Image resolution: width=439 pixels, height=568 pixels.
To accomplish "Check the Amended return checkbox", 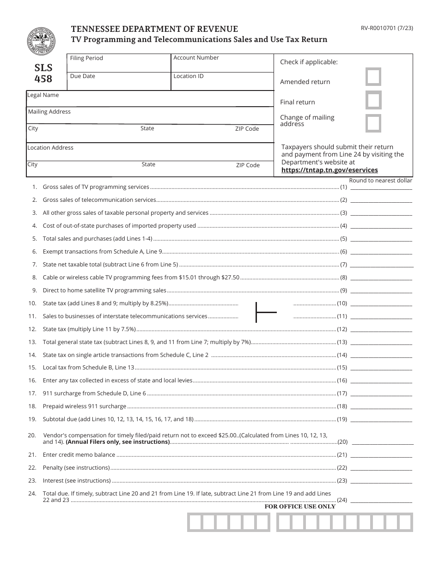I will point(373,77).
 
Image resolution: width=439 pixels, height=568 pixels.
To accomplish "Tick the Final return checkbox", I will point(373,100).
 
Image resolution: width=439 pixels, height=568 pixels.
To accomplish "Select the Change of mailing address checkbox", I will point(373,123).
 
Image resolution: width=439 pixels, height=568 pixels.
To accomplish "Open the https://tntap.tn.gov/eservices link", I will point(329,170).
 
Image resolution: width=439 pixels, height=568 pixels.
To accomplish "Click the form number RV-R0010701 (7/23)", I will point(387,28).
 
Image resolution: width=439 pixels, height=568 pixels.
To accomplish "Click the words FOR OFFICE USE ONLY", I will point(300,507).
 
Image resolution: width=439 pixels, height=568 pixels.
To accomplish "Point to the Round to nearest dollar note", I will point(380,181).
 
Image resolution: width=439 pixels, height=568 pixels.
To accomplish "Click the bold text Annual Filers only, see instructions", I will point(118,442).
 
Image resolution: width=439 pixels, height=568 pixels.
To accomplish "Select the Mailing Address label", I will point(49,112).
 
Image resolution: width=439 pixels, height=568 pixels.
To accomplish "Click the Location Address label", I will point(50,148).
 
